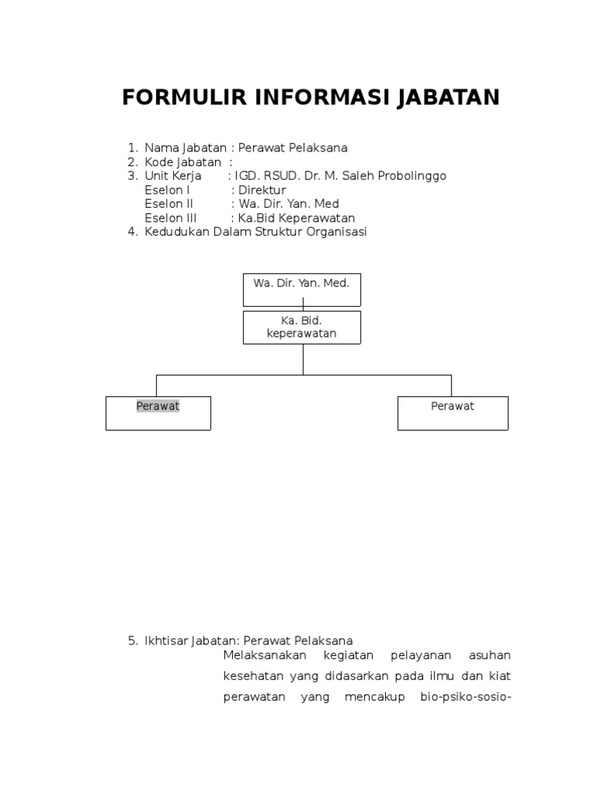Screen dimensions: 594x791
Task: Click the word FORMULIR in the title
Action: pos(182,98)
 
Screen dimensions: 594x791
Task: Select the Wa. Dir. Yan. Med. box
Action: pos(302,289)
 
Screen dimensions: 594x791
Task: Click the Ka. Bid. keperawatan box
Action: pos(302,328)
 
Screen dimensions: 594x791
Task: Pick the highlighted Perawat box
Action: pos(158,412)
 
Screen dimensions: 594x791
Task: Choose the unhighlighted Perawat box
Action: pos(452,412)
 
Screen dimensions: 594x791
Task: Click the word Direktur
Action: pos(262,190)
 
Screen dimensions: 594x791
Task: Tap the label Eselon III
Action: pos(171,219)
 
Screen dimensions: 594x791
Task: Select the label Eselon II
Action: pos(169,204)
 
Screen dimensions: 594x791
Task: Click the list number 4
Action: pos(131,233)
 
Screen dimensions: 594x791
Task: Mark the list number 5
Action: pos(131,640)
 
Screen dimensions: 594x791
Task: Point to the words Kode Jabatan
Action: pos(183,162)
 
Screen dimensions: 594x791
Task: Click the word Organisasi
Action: pos(335,233)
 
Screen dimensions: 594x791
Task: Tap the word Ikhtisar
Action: pos(165,640)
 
